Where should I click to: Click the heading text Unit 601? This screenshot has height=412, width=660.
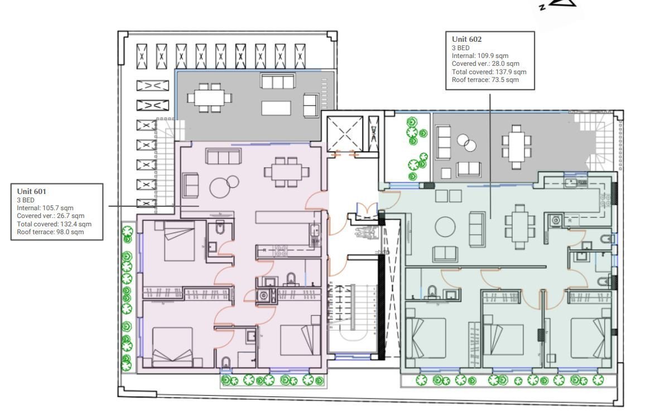point(32,191)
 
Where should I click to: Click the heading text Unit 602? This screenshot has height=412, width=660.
point(467,39)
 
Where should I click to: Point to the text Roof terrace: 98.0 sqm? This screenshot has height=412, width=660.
point(50,232)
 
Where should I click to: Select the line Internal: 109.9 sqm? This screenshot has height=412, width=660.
point(480,56)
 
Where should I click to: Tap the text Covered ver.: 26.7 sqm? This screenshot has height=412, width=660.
point(51,216)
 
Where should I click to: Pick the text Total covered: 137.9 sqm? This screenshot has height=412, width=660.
point(489,72)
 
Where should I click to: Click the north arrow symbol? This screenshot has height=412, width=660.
point(558,4)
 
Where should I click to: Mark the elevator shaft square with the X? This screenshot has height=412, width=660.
point(345,134)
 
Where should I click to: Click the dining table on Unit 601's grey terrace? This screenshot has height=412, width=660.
point(210,98)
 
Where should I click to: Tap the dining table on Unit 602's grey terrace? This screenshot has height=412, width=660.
point(517,147)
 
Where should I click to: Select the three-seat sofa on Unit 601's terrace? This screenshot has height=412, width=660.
point(277,81)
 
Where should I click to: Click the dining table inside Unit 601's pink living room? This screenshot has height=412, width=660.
point(287,172)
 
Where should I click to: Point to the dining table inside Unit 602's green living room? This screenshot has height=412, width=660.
point(520,226)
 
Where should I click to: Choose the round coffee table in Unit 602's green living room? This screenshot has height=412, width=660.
point(445,226)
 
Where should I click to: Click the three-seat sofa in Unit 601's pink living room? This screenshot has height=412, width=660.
point(224,157)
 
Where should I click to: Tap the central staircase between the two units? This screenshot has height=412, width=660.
point(352,309)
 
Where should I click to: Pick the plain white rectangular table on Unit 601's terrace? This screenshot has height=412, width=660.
point(276,108)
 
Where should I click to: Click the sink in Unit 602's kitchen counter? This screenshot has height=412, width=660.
point(571,183)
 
